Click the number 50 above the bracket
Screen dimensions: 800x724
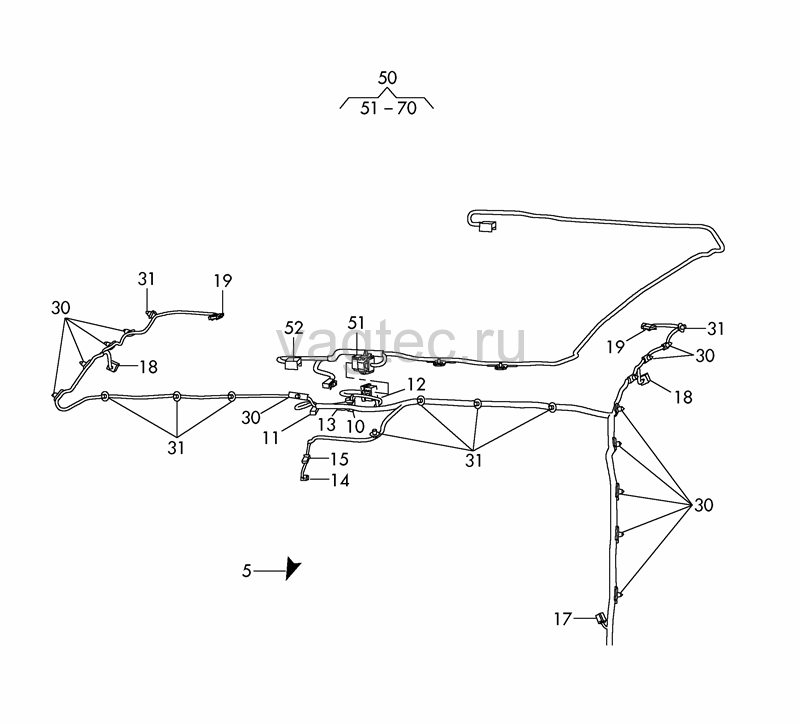pos(387,78)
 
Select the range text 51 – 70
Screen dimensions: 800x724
pos(388,108)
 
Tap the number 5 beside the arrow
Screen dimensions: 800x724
pos(246,570)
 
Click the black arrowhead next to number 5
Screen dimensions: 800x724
pos(292,567)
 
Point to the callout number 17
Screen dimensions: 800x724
pos(563,619)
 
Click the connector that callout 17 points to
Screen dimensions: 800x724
pos(600,619)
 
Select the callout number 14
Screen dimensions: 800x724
pos(340,481)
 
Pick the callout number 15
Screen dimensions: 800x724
pos(339,459)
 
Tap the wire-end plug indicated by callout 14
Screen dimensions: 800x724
pos(305,478)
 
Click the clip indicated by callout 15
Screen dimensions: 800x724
pos(306,459)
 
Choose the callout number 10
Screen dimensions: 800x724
pos(356,427)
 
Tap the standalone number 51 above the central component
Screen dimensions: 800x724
pos(357,323)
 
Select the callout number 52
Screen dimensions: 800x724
pos(294,328)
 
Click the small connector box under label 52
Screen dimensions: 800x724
pos(292,364)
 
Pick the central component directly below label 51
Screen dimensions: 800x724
pos(363,363)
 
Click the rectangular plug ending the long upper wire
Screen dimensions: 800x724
pos(487,226)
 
